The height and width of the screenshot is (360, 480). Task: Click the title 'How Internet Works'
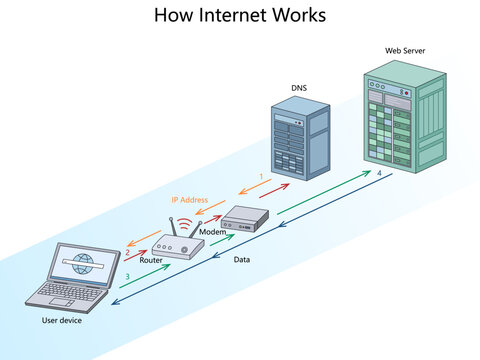(240, 16)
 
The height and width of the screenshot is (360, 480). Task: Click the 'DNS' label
(298, 88)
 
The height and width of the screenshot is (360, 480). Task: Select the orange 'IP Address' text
(189, 200)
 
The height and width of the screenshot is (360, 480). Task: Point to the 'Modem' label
(212, 231)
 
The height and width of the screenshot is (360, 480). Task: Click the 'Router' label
(151, 260)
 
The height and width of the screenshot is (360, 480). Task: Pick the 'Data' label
(241, 260)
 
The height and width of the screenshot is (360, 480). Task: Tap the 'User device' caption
(62, 321)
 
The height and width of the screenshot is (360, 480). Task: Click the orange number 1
(261, 177)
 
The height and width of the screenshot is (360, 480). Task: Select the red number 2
(126, 253)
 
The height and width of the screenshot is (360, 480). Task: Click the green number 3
(126, 276)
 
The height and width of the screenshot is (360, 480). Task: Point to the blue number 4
(378, 174)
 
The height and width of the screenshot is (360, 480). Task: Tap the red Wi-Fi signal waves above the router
(185, 221)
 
